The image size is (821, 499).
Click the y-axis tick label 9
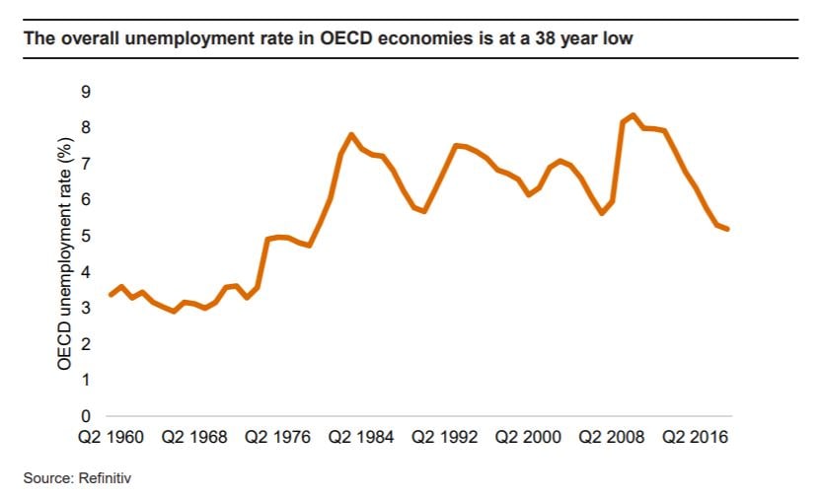click(x=86, y=92)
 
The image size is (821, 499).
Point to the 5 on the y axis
click(x=86, y=236)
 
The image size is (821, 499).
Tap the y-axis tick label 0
click(x=86, y=415)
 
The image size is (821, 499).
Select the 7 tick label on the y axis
click(x=86, y=164)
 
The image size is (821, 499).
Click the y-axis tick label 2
click(x=86, y=343)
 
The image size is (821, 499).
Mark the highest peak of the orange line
click(x=633, y=115)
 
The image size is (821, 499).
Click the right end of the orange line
click(x=728, y=229)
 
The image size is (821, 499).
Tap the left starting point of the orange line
click(x=111, y=294)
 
